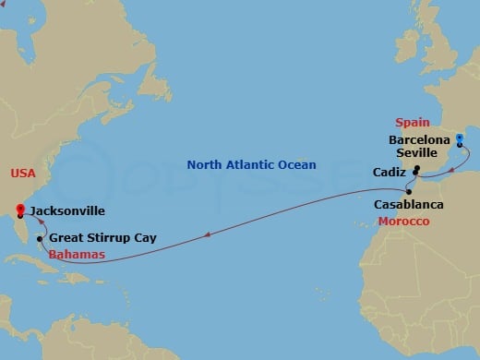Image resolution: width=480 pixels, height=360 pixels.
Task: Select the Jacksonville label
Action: [66, 210]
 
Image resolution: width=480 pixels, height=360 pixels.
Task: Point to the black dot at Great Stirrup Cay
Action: [40, 239]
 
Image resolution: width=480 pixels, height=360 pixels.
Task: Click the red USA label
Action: [22, 174]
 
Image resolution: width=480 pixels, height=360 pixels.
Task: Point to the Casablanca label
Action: [409, 204]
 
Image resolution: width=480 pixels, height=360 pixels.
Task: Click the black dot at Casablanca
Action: [408, 191]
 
